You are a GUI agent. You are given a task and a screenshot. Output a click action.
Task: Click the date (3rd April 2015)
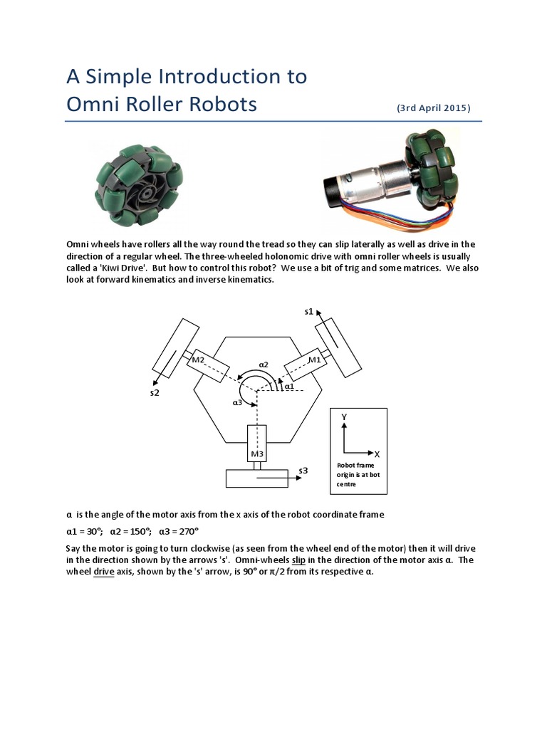coord(433,108)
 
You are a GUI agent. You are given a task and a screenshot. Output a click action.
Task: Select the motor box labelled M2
coord(207,364)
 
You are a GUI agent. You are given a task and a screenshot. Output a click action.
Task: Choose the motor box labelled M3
coord(256,445)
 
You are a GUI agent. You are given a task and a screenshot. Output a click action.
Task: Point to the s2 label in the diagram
coord(155,392)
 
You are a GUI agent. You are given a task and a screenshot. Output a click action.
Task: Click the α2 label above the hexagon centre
coord(263,364)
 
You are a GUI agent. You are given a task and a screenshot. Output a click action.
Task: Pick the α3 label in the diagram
coord(237,402)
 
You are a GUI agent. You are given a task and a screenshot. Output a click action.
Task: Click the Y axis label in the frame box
coord(344,416)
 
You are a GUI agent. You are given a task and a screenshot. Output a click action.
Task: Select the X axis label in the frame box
coord(377,453)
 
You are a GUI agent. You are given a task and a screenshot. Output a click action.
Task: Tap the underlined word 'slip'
coord(300,560)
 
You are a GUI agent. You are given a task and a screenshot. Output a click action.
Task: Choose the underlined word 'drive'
coord(104,572)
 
